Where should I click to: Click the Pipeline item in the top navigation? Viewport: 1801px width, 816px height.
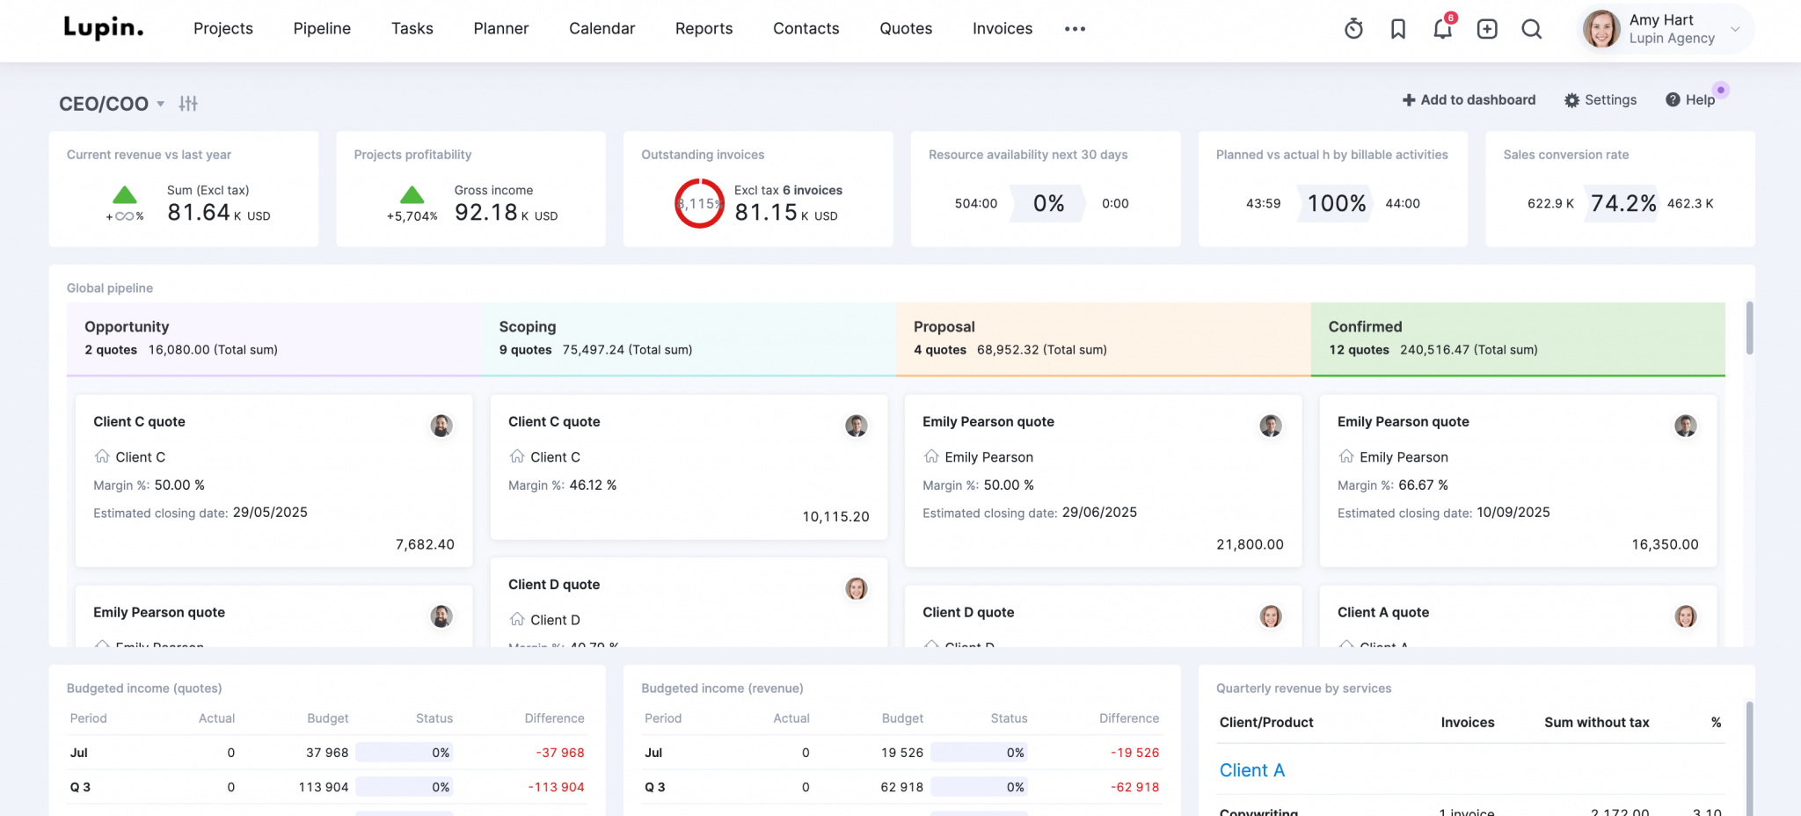(322, 28)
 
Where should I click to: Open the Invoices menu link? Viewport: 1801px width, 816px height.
(1002, 28)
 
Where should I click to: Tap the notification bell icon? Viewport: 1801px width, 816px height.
(1442, 29)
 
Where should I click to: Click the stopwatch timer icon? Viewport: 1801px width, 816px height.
(1353, 29)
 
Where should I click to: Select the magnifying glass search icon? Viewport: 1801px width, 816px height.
(1531, 29)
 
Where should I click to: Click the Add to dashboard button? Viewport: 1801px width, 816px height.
(1469, 99)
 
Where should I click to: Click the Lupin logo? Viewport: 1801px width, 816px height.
(103, 28)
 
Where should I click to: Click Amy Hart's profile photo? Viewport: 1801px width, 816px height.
(1600, 29)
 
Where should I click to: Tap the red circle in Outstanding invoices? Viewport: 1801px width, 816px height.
(699, 203)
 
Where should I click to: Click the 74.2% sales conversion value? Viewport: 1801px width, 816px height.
(1623, 203)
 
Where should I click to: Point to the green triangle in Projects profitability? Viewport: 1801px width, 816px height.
(412, 195)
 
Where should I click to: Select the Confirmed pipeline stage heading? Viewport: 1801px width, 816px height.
(1365, 326)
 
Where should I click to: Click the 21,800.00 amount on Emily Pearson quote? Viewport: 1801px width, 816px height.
(1250, 544)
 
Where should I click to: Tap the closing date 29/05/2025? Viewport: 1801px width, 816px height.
(270, 512)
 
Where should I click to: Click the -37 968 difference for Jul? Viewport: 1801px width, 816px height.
(560, 753)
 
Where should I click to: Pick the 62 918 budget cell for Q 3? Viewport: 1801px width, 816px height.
(901, 787)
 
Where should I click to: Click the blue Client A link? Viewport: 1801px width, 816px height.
(1251, 770)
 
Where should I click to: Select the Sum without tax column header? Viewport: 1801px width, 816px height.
(1596, 722)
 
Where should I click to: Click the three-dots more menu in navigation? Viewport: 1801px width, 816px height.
(1075, 29)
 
